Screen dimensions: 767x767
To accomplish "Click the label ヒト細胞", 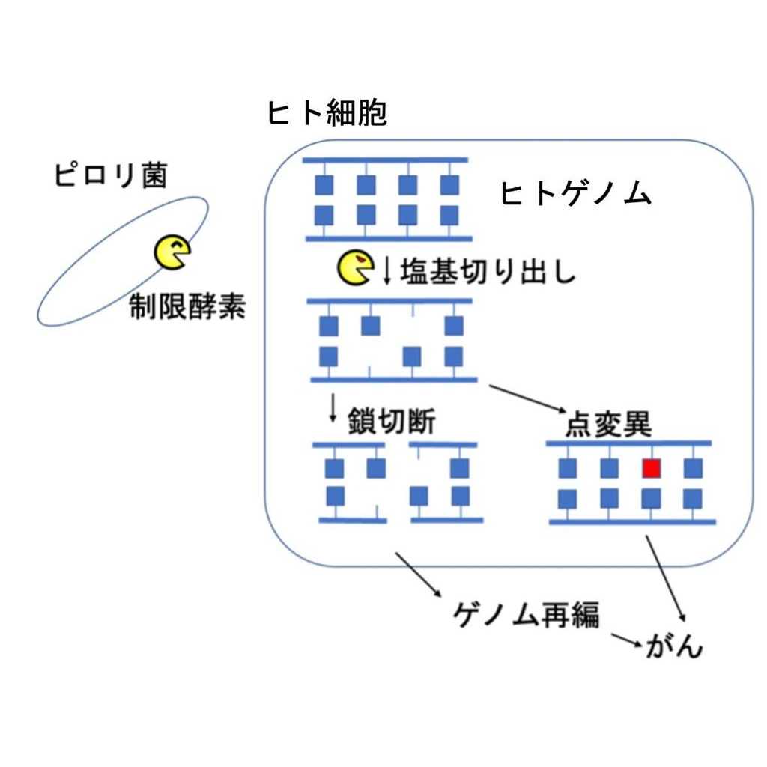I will pyautogui.click(x=327, y=114).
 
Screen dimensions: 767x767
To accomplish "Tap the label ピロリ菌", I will pyautogui.click(x=110, y=176).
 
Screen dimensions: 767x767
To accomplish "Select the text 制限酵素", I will pyautogui.click(x=187, y=308).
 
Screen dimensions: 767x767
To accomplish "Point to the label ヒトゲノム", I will pyautogui.click(x=576, y=195).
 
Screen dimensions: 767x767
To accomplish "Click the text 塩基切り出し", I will pyautogui.click(x=488, y=271).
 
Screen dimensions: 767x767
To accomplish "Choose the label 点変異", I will pyautogui.click(x=608, y=425).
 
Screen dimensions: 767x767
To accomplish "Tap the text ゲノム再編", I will pyautogui.click(x=527, y=616).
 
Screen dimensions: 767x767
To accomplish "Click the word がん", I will pyautogui.click(x=673, y=646).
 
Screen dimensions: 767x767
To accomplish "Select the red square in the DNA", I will pyautogui.click(x=652, y=468).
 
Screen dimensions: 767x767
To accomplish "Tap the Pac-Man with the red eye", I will pyautogui.click(x=355, y=268).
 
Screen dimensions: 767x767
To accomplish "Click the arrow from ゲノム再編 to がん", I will pyautogui.click(x=628, y=640).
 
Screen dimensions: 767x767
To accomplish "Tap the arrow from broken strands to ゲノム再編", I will pyautogui.click(x=418, y=575).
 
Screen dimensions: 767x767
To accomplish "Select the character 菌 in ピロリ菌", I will pyautogui.click(x=151, y=176).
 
